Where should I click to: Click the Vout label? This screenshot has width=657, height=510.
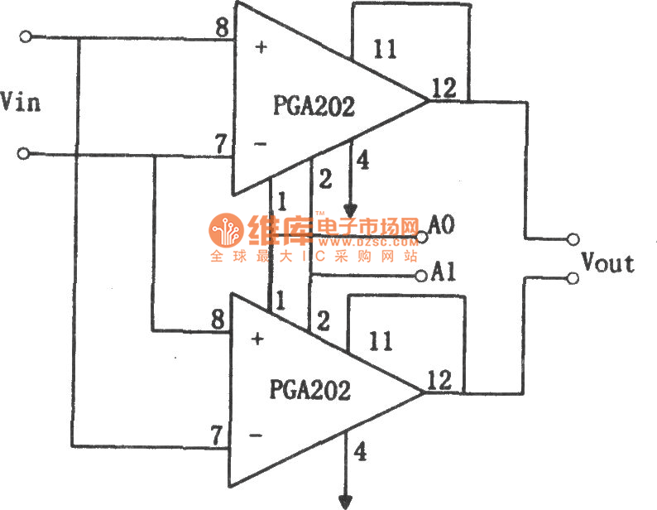click(608, 263)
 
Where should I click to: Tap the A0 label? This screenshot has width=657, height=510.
click(443, 225)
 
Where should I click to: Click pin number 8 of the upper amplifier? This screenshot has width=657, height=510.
click(222, 28)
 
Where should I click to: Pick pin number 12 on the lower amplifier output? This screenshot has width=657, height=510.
click(439, 380)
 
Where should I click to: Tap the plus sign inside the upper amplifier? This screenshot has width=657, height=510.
click(261, 47)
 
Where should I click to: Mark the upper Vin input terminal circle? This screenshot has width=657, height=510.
click(26, 37)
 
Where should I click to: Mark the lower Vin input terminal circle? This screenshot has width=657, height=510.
click(26, 153)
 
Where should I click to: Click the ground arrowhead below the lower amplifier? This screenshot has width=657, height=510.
click(345, 501)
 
